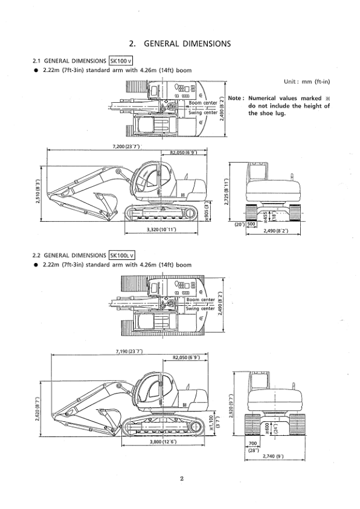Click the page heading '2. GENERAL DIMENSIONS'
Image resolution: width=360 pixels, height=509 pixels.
(180, 44)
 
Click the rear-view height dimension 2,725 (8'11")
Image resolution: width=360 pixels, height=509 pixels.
(227, 192)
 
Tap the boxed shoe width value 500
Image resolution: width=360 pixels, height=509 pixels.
(251, 224)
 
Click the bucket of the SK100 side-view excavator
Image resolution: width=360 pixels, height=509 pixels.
(103, 199)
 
